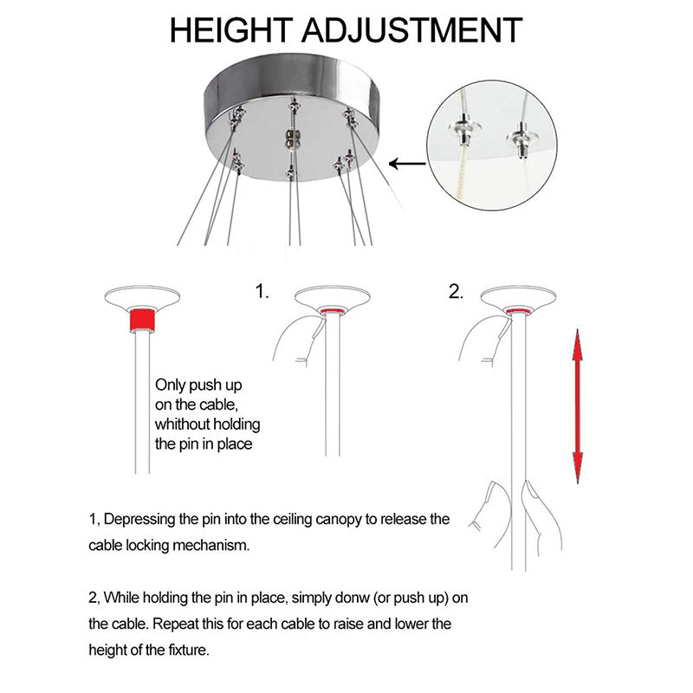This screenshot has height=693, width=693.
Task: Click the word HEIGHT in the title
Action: [230, 30]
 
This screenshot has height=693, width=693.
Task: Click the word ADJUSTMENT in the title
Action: [412, 30]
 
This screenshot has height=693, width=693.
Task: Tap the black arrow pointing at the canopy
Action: [407, 164]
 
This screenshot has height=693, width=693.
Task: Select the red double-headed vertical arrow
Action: [577, 406]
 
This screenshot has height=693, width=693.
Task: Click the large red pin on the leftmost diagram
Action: [142, 321]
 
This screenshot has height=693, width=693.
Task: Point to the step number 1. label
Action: [262, 292]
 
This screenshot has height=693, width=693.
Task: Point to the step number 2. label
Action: [457, 292]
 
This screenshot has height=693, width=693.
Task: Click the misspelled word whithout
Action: [182, 424]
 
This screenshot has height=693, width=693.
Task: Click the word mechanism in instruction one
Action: [211, 546]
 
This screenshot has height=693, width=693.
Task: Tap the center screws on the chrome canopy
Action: [290, 139]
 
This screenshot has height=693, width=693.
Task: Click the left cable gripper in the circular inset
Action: [464, 128]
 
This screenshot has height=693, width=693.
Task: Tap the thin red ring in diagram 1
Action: [333, 311]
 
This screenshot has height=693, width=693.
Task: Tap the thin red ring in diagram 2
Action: [518, 311]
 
